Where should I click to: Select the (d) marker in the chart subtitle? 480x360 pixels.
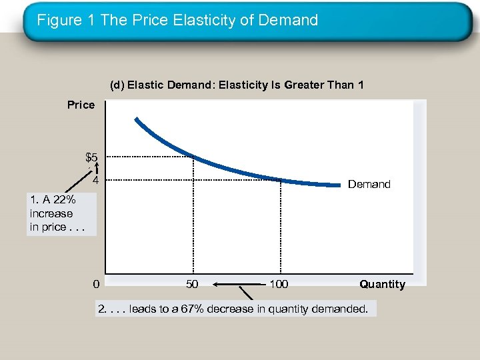[117, 85]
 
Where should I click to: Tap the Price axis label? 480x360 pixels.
[81, 105]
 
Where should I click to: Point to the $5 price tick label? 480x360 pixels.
[92, 158]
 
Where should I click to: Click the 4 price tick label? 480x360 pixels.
[96, 181]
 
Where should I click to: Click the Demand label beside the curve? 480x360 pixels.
[369, 184]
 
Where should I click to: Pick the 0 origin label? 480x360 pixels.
[97, 285]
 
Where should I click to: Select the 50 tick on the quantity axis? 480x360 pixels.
[192, 285]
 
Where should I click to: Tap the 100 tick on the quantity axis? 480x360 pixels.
[279, 285]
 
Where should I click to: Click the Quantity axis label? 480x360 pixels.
[382, 285]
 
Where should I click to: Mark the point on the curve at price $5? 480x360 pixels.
[193, 157]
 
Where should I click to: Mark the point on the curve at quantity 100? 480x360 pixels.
[281, 179]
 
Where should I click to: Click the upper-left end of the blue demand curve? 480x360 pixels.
[136, 120]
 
